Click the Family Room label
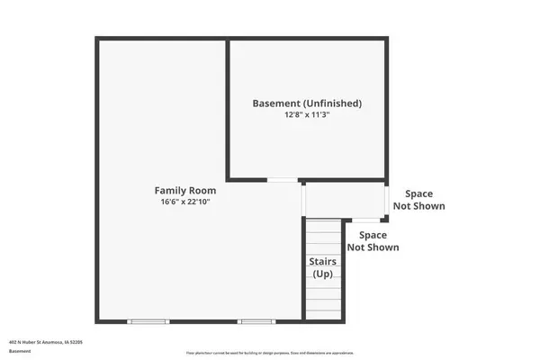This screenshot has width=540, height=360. coord(184,190)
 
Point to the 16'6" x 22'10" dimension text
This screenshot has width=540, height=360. coord(184,202)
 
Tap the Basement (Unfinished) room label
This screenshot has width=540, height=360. coord(307,103)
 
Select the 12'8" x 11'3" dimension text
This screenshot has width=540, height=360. coord(307,115)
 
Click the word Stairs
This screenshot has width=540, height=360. coord(323,262)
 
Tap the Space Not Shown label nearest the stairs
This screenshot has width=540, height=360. coord(373,240)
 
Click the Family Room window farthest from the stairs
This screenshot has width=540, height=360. coord(147,321)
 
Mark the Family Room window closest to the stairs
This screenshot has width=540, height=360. coord(255,321)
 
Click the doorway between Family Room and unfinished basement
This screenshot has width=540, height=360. coord(283,180)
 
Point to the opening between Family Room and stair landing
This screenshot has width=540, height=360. coord(303,199)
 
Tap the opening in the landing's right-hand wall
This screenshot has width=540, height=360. coord(388,200)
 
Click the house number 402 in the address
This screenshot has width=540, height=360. coord(13,342)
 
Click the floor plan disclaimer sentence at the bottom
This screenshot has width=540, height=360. coord(270,353)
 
